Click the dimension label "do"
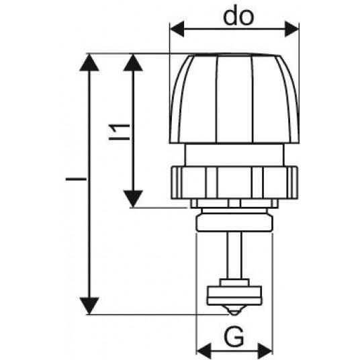(x=238, y=17)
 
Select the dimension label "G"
(x=234, y=336)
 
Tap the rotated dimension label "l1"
(x=119, y=132)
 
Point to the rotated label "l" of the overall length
(x=76, y=179)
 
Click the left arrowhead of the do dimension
(x=177, y=29)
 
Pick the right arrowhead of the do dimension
(x=291, y=29)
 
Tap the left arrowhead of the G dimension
(x=204, y=351)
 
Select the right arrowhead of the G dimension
(x=265, y=351)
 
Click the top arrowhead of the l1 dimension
(x=133, y=62)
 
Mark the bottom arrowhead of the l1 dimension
(x=133, y=199)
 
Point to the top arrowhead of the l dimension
(x=89, y=62)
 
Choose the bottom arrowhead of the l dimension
(x=89, y=306)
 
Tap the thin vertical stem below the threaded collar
(x=234, y=255)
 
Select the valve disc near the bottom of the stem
(x=234, y=296)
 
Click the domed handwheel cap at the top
(x=234, y=99)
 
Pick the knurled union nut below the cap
(x=234, y=183)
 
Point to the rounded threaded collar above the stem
(x=234, y=222)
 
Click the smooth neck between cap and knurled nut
(x=234, y=155)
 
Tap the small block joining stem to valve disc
(x=234, y=283)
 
